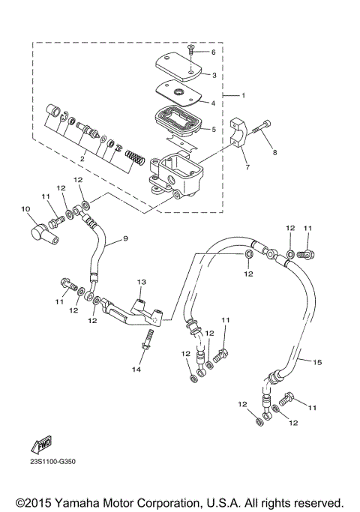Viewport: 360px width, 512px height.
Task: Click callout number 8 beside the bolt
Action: click(274, 152)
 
